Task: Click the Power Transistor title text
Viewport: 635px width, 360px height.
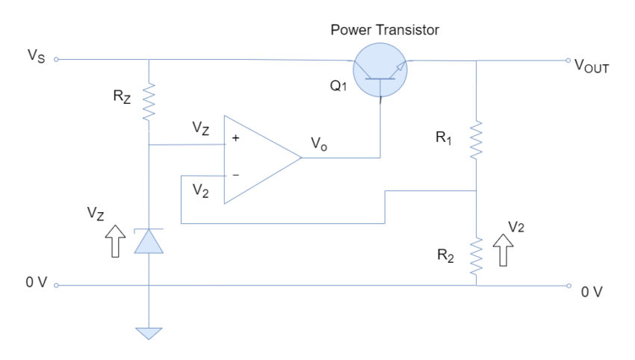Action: point(385,31)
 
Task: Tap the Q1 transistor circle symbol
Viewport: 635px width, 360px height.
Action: point(380,68)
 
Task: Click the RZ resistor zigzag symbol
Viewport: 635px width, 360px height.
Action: point(149,103)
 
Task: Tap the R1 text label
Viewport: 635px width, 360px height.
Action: point(447,139)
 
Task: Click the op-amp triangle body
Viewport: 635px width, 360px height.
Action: point(258,158)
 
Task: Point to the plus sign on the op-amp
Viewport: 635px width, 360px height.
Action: point(237,139)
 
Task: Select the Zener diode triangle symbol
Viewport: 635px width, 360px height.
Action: point(149,241)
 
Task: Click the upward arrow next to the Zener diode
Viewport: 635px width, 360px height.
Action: point(115,240)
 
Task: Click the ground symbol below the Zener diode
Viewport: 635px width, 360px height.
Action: point(149,333)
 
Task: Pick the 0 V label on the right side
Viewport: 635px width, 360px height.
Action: point(591,292)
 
